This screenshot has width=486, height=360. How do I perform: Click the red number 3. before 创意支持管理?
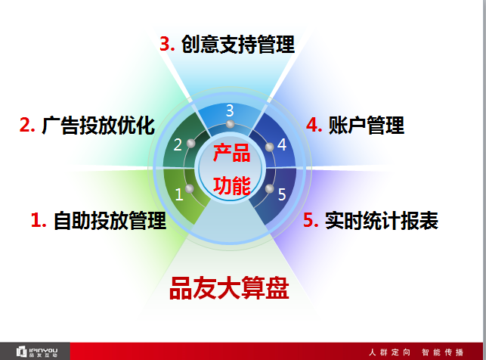[167, 44]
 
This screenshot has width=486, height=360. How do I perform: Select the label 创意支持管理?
[238, 44]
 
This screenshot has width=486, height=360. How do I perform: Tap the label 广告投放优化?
[98, 126]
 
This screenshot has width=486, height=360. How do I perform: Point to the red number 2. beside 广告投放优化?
[27, 125]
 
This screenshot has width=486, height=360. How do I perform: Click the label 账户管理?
[367, 125]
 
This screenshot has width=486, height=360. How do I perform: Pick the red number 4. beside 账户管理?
[314, 125]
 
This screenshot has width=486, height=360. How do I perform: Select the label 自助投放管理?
[110, 221]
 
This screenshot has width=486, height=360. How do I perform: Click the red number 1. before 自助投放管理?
[39, 220]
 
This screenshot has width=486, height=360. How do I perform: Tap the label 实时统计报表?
[382, 221]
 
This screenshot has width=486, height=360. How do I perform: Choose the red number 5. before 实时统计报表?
[311, 220]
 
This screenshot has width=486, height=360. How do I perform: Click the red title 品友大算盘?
[229, 288]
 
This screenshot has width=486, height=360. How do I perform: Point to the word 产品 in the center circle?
[232, 153]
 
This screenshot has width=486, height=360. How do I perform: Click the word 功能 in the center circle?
[232, 185]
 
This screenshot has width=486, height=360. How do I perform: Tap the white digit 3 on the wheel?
[230, 110]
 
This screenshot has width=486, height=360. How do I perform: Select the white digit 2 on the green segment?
[178, 144]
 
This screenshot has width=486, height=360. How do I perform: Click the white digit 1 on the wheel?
[179, 194]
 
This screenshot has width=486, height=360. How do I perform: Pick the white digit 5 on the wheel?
[281, 194]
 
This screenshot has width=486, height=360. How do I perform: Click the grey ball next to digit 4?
[269, 147]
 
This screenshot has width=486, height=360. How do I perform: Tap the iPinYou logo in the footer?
[36, 352]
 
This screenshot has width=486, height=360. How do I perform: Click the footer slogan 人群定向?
[389, 352]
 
